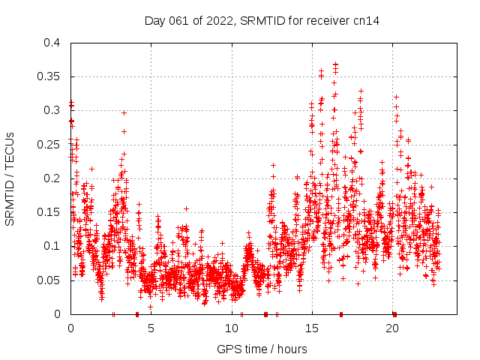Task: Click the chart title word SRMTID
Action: coord(262,21)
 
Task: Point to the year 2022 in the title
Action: coord(220,21)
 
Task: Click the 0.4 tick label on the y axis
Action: coord(52,43)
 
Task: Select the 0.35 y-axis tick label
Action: coord(48,76)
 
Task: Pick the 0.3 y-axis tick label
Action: coord(52,110)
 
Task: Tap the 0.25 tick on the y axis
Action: coord(48,145)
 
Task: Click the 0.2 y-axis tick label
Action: coord(52,178)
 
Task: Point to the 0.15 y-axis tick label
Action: coord(48,212)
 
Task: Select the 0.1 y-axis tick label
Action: coord(52,246)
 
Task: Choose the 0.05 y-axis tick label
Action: coord(48,280)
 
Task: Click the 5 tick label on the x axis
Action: coord(151,328)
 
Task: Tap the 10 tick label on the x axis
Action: coord(232,328)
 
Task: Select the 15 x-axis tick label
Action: coord(312,328)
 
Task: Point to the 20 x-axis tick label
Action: coord(393,328)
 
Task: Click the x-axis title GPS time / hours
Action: coord(262,349)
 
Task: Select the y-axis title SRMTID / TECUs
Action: coord(10,179)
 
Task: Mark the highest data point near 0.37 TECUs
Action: coord(335,64)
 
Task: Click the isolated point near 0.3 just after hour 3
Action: coord(124,112)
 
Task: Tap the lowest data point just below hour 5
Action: coord(150,307)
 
